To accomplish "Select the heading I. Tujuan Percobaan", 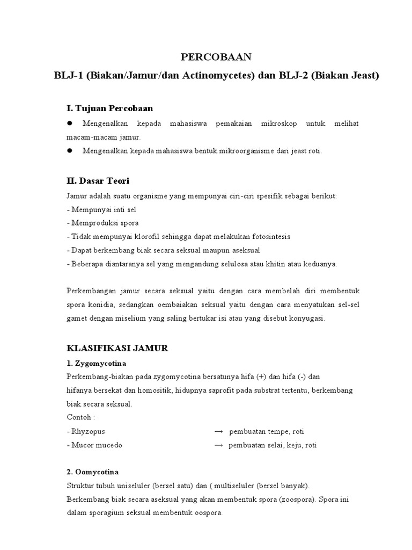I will coord(109,108).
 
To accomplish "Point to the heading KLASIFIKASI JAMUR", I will coord(117,348).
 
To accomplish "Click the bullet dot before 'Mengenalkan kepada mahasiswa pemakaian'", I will coord(69,124).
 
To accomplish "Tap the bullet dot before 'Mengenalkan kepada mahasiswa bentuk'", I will coord(69,151).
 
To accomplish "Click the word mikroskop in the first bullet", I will coord(276,124).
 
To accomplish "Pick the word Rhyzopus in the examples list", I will coord(88,431).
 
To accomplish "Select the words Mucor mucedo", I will coord(97,445).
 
